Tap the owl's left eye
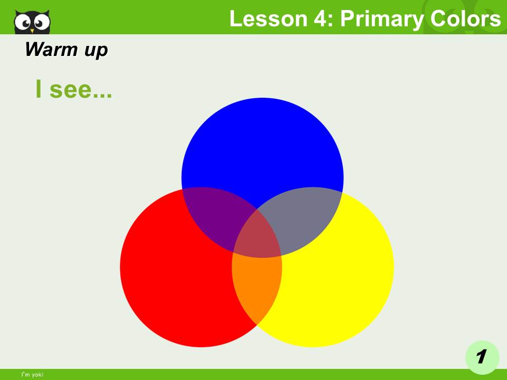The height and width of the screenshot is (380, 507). click(23, 22)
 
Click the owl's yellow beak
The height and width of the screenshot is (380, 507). click(32, 30)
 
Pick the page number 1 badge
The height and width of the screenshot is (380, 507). click(481, 357)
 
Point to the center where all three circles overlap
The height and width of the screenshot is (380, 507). click(257, 235)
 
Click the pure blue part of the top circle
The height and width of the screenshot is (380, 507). click(262, 142)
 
